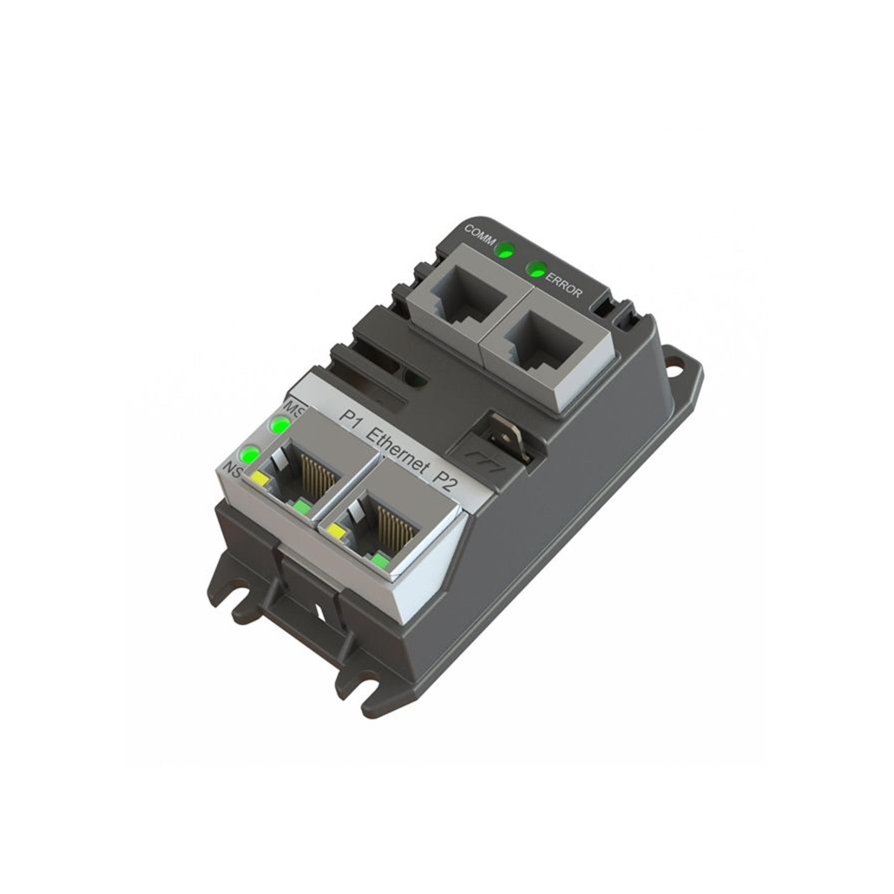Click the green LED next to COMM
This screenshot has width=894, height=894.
(505, 253)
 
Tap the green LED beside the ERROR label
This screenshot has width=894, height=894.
(536, 268)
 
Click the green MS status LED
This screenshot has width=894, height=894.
(279, 425)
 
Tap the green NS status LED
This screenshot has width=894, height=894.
(250, 453)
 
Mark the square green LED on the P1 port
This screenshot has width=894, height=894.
(301, 506)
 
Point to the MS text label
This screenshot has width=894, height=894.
(293, 408)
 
